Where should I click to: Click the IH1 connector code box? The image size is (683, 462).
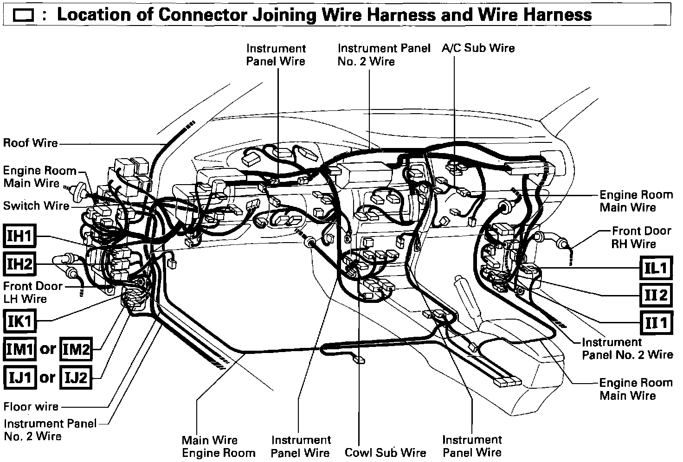[x=19, y=237]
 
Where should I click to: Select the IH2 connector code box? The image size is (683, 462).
[x=19, y=264]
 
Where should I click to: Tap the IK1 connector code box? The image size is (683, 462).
[x=19, y=321]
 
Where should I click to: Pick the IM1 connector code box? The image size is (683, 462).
[x=19, y=349]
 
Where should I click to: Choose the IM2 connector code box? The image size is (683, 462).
[x=76, y=349]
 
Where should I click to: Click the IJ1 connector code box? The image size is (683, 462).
[x=19, y=378]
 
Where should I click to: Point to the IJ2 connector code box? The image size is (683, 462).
[x=76, y=378]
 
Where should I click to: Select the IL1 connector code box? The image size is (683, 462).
[x=656, y=268]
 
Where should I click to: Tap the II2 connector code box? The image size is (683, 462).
[x=656, y=295]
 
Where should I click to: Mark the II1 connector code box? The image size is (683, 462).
[x=656, y=322]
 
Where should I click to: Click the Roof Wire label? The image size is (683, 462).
[x=31, y=143]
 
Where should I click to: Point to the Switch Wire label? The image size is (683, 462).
[x=36, y=205]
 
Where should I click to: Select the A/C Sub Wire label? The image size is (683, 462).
[x=478, y=48]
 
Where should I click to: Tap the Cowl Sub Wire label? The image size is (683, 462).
[x=385, y=453]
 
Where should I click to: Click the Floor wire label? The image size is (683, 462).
[x=31, y=407]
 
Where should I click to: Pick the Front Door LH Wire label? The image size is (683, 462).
[x=32, y=292]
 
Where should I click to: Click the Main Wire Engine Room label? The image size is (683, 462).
[x=219, y=446]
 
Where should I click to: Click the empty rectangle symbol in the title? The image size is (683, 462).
[x=24, y=16]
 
